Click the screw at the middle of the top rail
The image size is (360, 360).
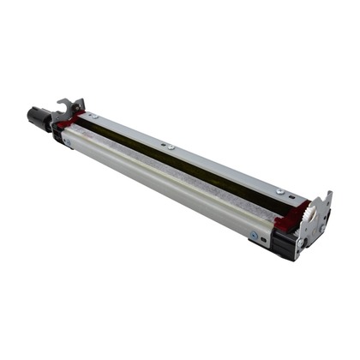[171, 147]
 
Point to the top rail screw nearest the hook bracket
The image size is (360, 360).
[93, 114]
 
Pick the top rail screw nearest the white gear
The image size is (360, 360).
[279, 190]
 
